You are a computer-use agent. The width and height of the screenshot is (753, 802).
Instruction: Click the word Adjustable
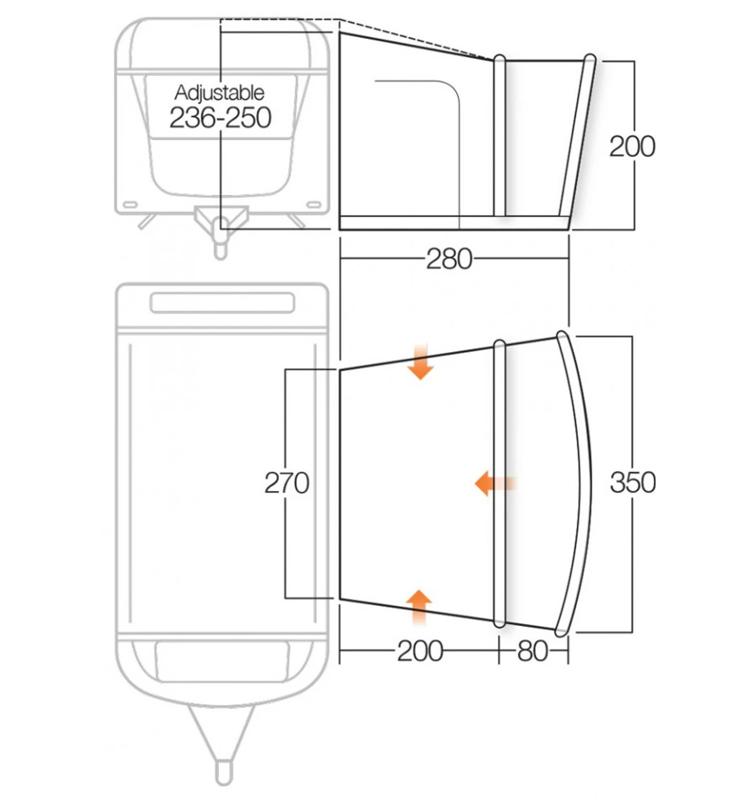(219, 93)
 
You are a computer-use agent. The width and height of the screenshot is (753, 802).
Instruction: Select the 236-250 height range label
(220, 118)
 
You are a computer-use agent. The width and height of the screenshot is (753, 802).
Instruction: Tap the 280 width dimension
(448, 258)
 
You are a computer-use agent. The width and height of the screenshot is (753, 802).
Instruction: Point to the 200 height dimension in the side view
(632, 146)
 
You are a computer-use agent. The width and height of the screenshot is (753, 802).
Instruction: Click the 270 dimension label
(287, 483)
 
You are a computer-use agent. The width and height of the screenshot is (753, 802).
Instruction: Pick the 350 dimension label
(632, 482)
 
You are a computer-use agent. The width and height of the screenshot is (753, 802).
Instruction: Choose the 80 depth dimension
(532, 651)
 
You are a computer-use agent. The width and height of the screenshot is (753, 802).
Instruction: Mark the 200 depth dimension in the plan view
(419, 651)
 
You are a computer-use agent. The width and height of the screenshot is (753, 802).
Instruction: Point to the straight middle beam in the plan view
(499, 482)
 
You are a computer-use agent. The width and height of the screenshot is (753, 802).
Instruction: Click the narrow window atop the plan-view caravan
(222, 303)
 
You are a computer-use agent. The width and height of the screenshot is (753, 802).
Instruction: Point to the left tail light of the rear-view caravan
(130, 205)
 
